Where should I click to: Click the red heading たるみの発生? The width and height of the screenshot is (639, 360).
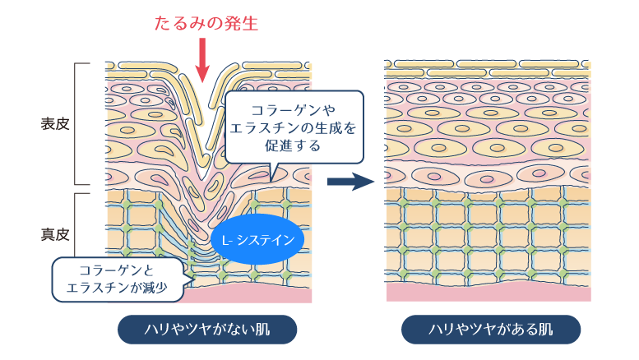point(206,23)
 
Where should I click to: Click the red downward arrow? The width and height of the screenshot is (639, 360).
point(202,60)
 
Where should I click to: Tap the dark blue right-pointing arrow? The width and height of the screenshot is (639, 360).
point(350,181)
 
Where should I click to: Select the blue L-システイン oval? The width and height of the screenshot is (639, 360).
point(257,239)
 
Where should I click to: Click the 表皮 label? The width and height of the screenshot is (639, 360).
point(55,124)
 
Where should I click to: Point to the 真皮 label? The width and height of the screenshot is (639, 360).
point(55,234)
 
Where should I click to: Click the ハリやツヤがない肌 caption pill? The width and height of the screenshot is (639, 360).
point(207,329)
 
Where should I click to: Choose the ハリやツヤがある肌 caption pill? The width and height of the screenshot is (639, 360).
point(491,329)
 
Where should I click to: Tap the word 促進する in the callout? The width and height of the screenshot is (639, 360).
point(293,145)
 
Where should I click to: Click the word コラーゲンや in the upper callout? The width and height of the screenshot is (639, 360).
point(293,109)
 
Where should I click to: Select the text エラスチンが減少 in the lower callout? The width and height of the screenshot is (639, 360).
point(117,288)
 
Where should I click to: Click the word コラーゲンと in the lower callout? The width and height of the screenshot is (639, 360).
point(117,270)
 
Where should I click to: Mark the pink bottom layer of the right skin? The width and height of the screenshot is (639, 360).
point(489,292)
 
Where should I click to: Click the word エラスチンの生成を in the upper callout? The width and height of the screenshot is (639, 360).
point(293,127)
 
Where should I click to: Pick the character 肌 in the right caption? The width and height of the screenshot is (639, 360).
point(545,329)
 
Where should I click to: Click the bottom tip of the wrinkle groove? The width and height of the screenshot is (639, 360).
point(202,179)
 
